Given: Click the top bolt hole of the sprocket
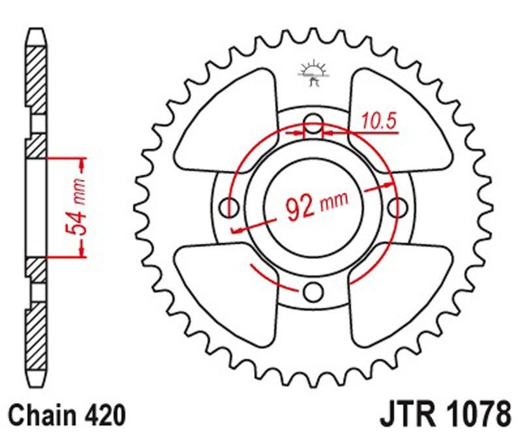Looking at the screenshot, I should click(x=315, y=125).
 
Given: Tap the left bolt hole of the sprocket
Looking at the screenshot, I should click(x=230, y=208).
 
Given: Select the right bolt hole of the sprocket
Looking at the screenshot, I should click(x=397, y=208).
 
